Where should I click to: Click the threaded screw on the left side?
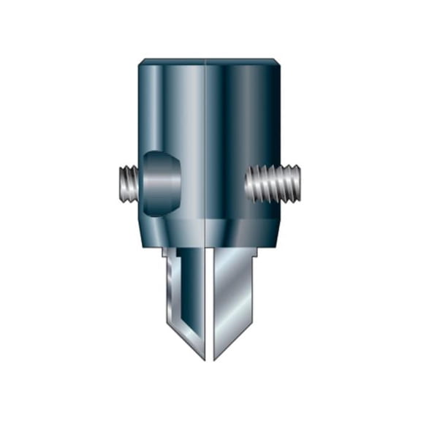pyautogui.click(x=128, y=184)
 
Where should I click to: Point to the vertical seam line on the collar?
pyautogui.click(x=210, y=146)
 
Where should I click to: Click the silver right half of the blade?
pyautogui.click(x=234, y=292)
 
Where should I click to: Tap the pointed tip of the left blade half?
pyautogui.click(x=204, y=359)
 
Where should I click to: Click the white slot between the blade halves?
pyautogui.click(x=210, y=307)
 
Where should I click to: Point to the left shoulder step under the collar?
pyautogui.click(x=164, y=255)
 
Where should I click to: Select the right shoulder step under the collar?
pyautogui.click(x=256, y=255)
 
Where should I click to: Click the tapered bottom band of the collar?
pyautogui.click(x=210, y=232)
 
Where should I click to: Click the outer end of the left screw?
pyautogui.click(x=119, y=184)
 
